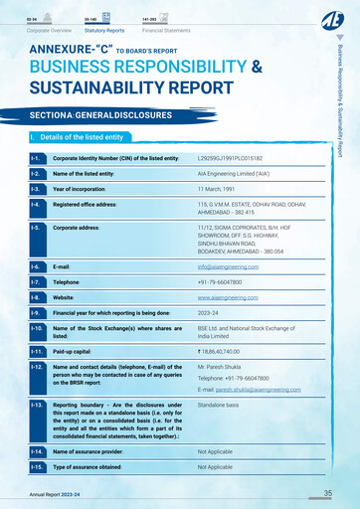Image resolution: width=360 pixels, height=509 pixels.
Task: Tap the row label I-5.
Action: pyautogui.click(x=36, y=228)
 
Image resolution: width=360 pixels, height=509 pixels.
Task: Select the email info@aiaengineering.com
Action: pyautogui.click(x=235, y=266)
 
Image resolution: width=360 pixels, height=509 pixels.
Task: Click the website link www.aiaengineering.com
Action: pyautogui.click(x=235, y=297)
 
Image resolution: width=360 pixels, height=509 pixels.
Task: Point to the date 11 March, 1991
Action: pyautogui.click(x=221, y=189)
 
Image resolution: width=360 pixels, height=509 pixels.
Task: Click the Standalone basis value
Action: pyautogui.click(x=218, y=406)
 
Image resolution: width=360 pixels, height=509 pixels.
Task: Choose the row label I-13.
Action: pyautogui.click(x=37, y=406)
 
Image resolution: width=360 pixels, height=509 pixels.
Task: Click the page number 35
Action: pyautogui.click(x=328, y=493)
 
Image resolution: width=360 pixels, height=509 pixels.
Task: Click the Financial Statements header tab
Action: pyautogui.click(x=166, y=31)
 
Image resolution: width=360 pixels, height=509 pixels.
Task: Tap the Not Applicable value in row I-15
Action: pyautogui.click(x=215, y=466)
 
